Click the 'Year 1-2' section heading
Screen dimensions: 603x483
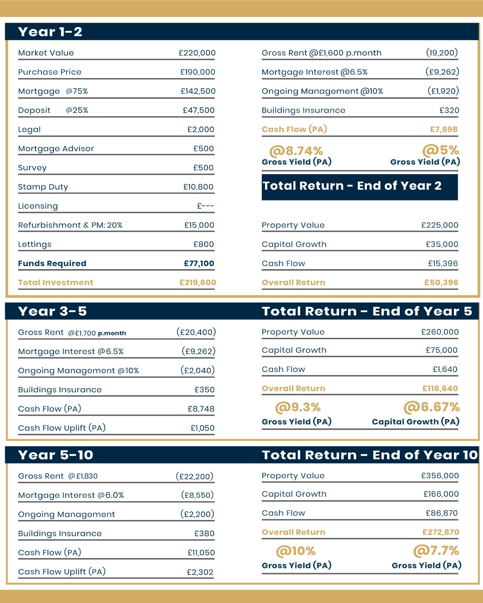pos(50,32)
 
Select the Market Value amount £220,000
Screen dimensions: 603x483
pos(197,53)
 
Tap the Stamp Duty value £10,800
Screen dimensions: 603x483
pos(198,187)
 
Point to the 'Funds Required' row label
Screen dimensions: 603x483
pos(52,263)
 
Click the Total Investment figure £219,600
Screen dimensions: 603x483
pos(198,283)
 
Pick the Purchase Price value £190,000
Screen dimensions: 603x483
pos(198,72)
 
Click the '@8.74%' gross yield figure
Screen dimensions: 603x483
pos(296,151)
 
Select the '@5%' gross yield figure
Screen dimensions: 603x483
pos(440,150)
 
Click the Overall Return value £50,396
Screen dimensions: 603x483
pos(441,283)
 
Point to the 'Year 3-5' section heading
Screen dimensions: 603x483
pos(52,311)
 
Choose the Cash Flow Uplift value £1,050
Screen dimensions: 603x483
pos(202,428)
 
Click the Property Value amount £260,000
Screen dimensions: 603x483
pos(440,332)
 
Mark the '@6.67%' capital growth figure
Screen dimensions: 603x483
pos(431,407)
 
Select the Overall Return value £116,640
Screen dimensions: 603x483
pos(440,389)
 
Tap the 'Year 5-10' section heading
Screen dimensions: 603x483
pos(55,455)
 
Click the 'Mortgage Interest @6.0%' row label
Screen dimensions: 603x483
pos(71,495)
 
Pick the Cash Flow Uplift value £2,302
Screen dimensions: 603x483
pos(200,572)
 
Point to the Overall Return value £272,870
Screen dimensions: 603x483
pos(440,532)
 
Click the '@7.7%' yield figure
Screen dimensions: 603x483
pos(436,551)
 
